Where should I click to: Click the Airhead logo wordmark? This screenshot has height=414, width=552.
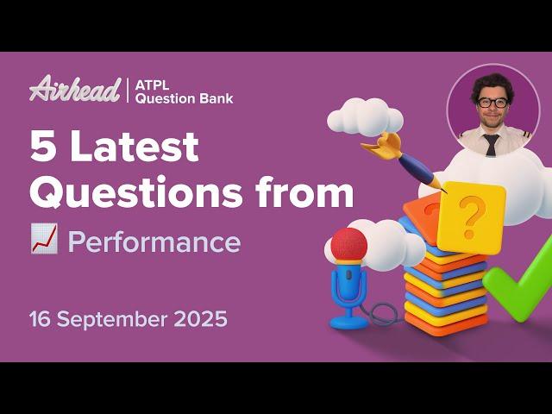tap(74, 89)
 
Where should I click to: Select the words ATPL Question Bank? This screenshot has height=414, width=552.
tap(184, 91)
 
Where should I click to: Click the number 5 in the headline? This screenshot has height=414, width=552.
tap(41, 148)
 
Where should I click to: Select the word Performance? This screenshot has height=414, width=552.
tap(154, 242)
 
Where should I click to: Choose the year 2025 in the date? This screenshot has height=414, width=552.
tap(198, 319)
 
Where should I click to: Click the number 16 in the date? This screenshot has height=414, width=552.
tap(40, 319)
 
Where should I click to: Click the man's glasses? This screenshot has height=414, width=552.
tap(492, 103)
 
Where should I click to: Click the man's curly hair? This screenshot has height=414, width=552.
tap(492, 83)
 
